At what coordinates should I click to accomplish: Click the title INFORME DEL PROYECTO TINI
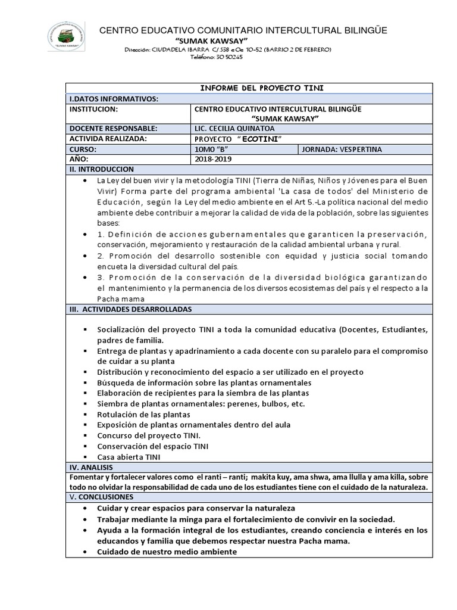[261, 88]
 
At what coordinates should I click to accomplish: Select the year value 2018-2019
[213, 159]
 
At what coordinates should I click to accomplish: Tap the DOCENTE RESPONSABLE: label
[113, 129]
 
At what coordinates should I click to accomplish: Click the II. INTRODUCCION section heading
[102, 169]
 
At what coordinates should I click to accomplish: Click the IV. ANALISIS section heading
[91, 468]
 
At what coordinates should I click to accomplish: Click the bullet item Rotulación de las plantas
[143, 414]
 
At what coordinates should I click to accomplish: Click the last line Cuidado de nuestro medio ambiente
[167, 552]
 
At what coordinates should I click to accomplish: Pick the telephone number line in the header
[216, 57]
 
